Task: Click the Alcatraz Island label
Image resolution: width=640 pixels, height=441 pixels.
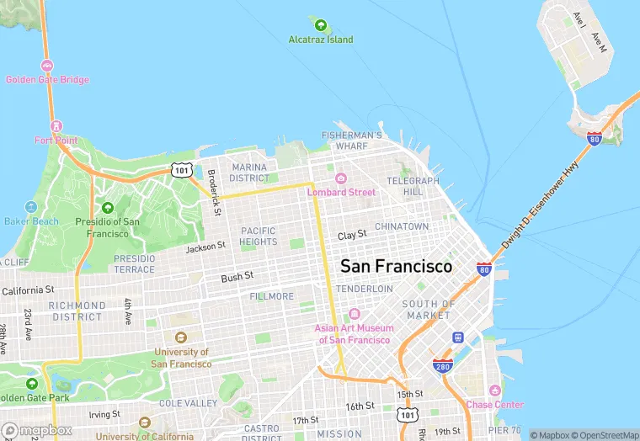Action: pos(321,40)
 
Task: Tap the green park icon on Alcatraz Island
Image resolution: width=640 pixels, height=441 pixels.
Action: pos(321,24)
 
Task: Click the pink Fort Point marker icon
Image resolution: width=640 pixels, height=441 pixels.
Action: pos(56,125)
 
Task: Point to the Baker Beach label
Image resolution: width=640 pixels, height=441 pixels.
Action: pos(32,221)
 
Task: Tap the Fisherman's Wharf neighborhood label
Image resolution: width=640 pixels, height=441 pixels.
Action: pos(352,141)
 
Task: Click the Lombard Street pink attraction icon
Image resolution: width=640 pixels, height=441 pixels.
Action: pos(341,178)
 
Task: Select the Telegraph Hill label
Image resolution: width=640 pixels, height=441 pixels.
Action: pos(413,186)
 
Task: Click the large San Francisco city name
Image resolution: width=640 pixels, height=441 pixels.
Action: pos(396,266)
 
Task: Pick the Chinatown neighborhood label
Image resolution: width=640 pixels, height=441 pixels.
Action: pos(402,226)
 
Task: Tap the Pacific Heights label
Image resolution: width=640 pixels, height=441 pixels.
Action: pos(259,236)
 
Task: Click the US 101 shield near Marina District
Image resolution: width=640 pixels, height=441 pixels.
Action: pos(181,170)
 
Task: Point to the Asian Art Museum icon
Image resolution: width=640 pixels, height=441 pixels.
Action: pos(355,314)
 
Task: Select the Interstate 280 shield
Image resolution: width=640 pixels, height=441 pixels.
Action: pos(441,366)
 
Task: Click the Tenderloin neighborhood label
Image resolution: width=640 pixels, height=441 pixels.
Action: pos(365,289)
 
